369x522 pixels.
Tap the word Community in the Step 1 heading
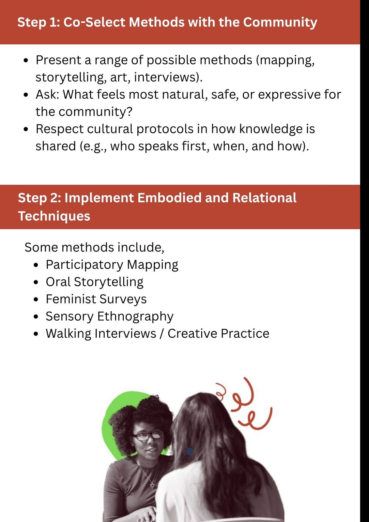point(280,23)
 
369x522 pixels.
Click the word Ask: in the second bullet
point(47,94)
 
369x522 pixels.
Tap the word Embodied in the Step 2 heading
point(169,198)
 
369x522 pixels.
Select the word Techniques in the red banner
point(54,216)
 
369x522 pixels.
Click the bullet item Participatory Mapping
point(112,265)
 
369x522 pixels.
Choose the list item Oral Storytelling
point(94,282)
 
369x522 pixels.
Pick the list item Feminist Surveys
point(96,299)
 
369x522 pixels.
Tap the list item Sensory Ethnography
point(110,317)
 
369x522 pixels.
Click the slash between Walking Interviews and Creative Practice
point(162,333)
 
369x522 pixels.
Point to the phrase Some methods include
point(94,247)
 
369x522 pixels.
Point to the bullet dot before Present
point(26,61)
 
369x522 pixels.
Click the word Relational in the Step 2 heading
point(264,198)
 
